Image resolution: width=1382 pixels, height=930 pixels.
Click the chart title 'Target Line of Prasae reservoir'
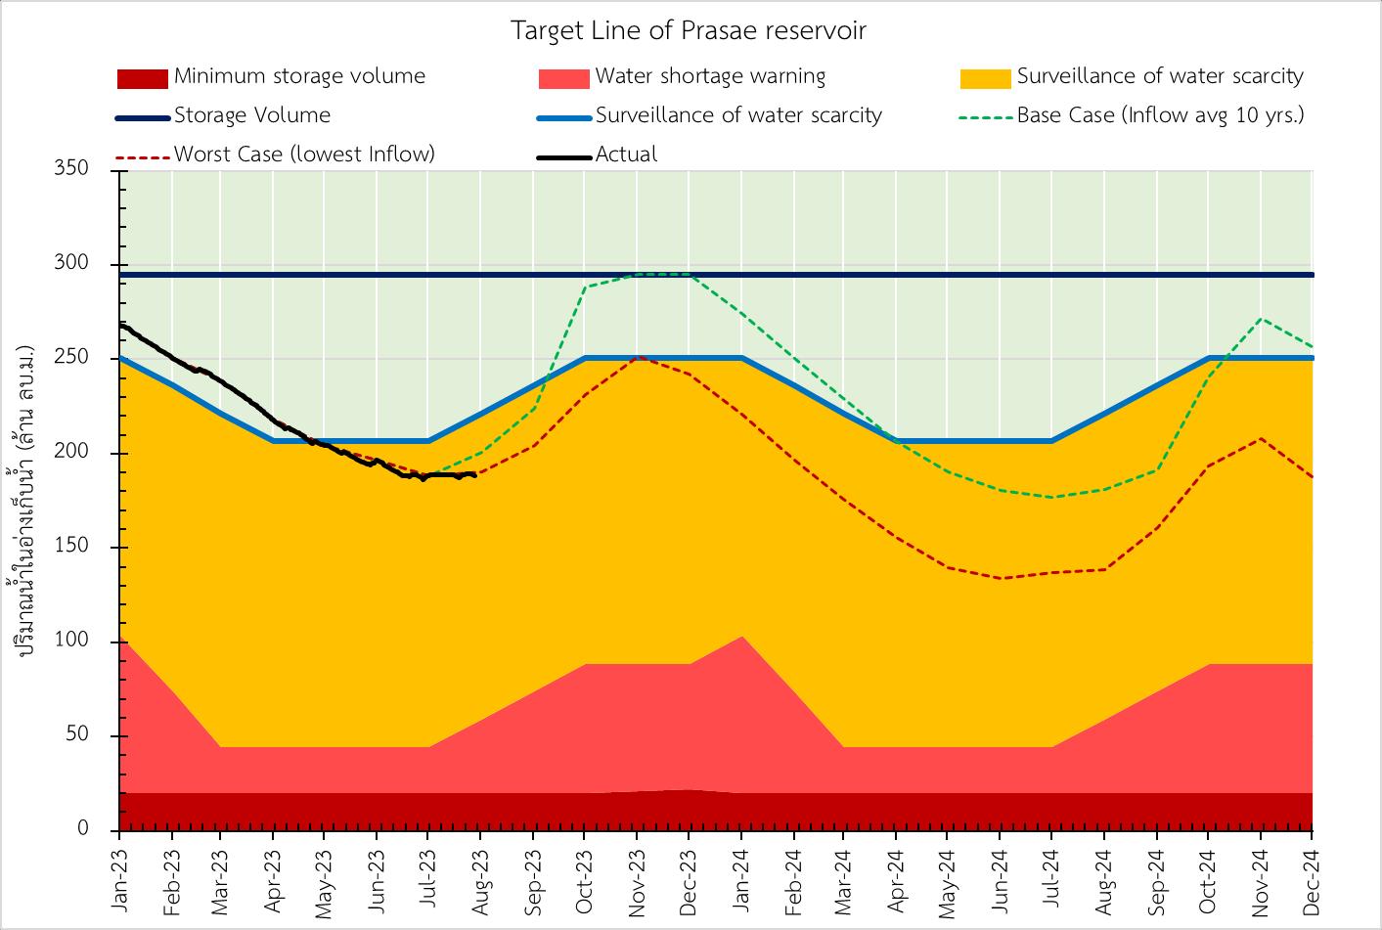(689, 30)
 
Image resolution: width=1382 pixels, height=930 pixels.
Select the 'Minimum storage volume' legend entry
(299, 76)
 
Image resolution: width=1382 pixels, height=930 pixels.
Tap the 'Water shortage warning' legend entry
(710, 76)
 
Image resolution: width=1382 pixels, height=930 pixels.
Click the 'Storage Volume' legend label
(252, 115)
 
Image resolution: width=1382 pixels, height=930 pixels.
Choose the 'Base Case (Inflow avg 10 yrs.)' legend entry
(1160, 115)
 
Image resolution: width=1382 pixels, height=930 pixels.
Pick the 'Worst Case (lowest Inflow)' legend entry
(304, 155)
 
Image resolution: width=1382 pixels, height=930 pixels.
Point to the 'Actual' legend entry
(626, 155)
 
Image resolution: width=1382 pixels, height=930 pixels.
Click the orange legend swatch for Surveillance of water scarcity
(986, 77)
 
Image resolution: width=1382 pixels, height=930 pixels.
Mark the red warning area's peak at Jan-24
(742, 638)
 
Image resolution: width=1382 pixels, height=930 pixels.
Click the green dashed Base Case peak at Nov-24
(1261, 319)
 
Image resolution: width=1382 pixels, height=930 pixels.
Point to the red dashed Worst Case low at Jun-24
(1000, 578)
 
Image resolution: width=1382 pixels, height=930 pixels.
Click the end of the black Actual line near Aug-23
(475, 475)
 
